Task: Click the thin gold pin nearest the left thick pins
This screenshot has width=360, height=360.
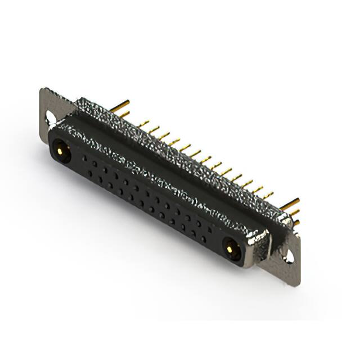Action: click(143, 123)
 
